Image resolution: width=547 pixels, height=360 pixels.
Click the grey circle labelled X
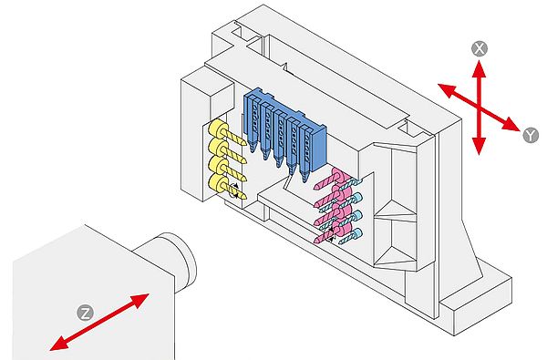[x=480, y=49]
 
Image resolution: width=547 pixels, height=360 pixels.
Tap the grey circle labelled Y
[x=531, y=136]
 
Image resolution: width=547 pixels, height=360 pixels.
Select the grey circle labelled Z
[x=85, y=313]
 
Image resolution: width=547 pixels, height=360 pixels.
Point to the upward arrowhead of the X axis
[x=480, y=69]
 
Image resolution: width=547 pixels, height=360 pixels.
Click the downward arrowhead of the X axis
[x=480, y=146]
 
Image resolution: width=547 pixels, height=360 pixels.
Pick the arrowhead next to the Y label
[x=511, y=124]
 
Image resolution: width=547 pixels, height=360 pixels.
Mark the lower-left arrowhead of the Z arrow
[x=58, y=344]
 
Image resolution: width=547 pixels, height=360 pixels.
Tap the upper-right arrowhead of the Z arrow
[x=140, y=300]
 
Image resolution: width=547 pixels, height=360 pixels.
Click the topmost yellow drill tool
[x=227, y=134]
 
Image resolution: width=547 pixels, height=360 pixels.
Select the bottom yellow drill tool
[x=227, y=187]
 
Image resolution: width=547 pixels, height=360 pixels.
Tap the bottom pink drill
[x=331, y=233]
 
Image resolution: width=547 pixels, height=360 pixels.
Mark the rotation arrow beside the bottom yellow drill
[x=233, y=190]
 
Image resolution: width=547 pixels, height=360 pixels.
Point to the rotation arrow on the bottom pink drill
[x=330, y=234]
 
